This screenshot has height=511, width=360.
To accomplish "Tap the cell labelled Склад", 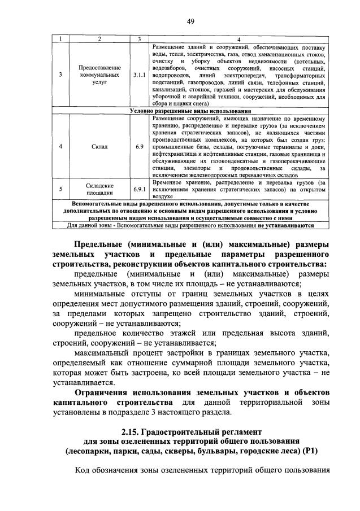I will pyautogui.click(x=99, y=146).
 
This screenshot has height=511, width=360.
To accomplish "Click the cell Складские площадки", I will pyautogui.click(x=99, y=189).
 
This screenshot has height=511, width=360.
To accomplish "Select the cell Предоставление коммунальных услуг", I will pyautogui.click(x=99, y=74).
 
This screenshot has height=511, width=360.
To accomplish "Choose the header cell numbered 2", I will pyautogui.click(x=99, y=38).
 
